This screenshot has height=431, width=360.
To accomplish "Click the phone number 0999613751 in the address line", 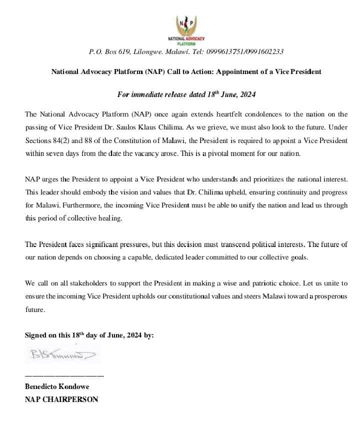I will tap(230, 51).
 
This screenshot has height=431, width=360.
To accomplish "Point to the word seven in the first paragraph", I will tap(55, 153).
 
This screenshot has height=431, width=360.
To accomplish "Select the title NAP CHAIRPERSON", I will tap(61, 399).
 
